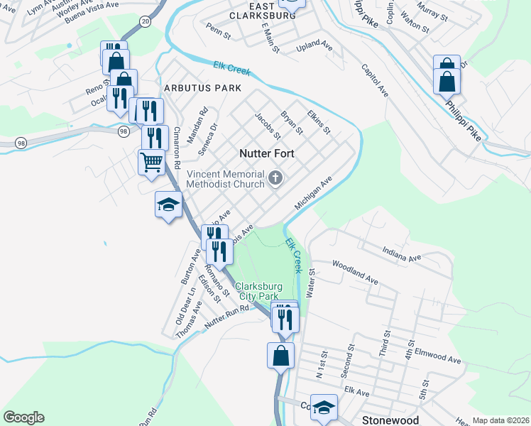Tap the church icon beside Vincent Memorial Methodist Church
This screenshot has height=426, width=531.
[x=275, y=179]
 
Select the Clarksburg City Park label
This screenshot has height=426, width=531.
[x=258, y=290]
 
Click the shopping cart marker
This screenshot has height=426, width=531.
[x=151, y=162]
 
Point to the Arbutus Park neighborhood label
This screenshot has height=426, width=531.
[x=202, y=88]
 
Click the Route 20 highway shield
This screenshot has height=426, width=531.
[x=145, y=22]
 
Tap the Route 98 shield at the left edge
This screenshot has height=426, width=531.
[x=21, y=142]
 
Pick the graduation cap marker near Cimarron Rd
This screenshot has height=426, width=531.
[x=168, y=205]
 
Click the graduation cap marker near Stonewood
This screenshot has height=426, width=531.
[x=324, y=408]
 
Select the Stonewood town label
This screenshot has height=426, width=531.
[x=390, y=420]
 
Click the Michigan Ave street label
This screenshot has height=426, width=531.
[x=313, y=194]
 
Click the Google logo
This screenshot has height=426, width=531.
[x=23, y=417]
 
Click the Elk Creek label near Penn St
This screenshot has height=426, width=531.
[x=231, y=70]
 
